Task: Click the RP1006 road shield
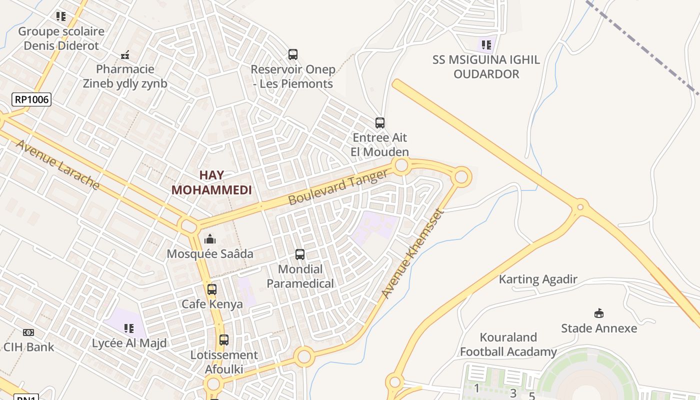click(31, 99)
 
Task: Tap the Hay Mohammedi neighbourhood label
click(211, 182)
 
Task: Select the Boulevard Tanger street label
click(338, 187)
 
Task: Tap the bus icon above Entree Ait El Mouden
click(380, 123)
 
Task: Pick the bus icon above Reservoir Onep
click(293, 54)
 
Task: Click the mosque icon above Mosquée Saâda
click(210, 239)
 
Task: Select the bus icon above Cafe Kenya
click(212, 289)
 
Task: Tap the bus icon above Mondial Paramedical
click(300, 254)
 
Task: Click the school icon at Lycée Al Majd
click(129, 328)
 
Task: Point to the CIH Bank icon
click(28, 332)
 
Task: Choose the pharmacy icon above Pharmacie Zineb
click(125, 54)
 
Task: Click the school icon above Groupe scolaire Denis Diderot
click(61, 16)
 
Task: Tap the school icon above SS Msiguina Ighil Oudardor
click(486, 45)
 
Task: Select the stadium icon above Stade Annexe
click(598, 313)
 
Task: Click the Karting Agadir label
click(538, 279)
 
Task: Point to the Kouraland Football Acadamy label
click(508, 344)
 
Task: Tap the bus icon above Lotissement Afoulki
click(224, 340)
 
